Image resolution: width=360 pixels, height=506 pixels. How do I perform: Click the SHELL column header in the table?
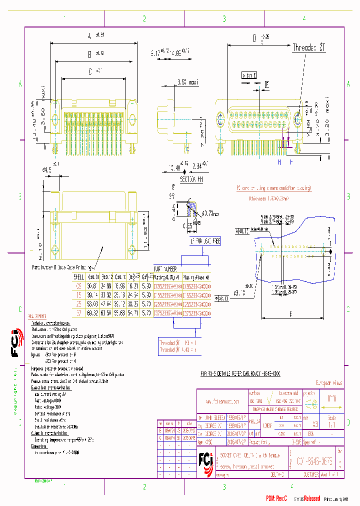coord(79,276)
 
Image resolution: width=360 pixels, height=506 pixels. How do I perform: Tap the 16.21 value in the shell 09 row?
coord(133,286)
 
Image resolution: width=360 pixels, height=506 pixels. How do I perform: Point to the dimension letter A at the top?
coord(89,35)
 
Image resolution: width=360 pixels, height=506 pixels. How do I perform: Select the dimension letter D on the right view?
coord(254,38)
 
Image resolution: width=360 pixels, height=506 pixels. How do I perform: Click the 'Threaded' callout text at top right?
coord(308,47)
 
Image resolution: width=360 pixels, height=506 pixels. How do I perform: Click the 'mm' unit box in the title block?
coord(331,399)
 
